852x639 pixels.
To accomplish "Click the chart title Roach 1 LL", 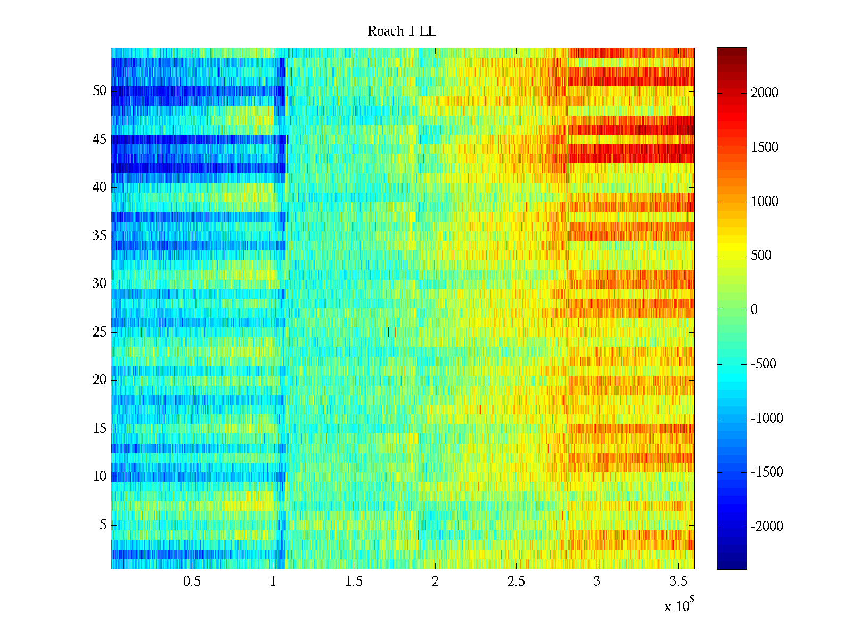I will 402,31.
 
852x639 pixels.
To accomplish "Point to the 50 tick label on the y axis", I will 100,91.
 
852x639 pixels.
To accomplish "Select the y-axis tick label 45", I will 100,140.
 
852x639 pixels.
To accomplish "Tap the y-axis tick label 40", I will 100,187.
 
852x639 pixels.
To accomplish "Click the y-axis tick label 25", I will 100,332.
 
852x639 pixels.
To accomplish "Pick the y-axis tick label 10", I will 100,477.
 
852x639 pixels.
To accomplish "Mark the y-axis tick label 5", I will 103,525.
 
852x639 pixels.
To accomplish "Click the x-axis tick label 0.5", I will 192,581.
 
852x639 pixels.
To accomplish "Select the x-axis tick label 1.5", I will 354,581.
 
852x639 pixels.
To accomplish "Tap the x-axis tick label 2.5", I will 516,581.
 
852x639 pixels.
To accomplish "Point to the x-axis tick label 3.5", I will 678,581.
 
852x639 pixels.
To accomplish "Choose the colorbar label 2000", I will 765,93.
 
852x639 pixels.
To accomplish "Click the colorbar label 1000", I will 765,201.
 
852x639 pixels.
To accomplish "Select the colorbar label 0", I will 754,310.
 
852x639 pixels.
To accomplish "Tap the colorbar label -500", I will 763,364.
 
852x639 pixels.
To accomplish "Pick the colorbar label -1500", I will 766,472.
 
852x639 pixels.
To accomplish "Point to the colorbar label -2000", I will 766,527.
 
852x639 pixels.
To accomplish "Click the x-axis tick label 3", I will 597,581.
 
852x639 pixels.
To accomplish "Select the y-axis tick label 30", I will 100,284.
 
